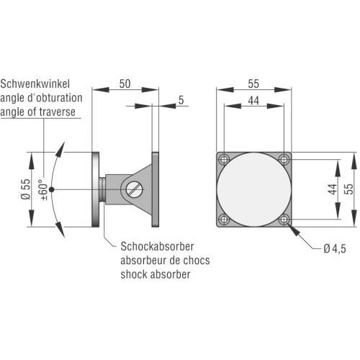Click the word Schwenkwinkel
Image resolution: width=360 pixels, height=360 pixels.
tap(35, 84)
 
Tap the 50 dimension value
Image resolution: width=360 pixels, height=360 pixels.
tap(125, 84)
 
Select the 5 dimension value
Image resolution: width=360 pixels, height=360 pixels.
tap(181, 100)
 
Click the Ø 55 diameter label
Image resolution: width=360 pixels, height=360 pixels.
tap(26, 189)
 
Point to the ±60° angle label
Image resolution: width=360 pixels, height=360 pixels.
tap(43, 189)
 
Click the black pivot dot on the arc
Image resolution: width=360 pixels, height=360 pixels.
tap(51, 189)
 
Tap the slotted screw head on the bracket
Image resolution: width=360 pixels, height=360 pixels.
tap(134, 189)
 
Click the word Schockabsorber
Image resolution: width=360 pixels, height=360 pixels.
tap(157, 246)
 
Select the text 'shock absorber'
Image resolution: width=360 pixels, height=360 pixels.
tap(156, 274)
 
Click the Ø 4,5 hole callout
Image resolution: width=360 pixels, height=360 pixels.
tap(335, 249)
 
